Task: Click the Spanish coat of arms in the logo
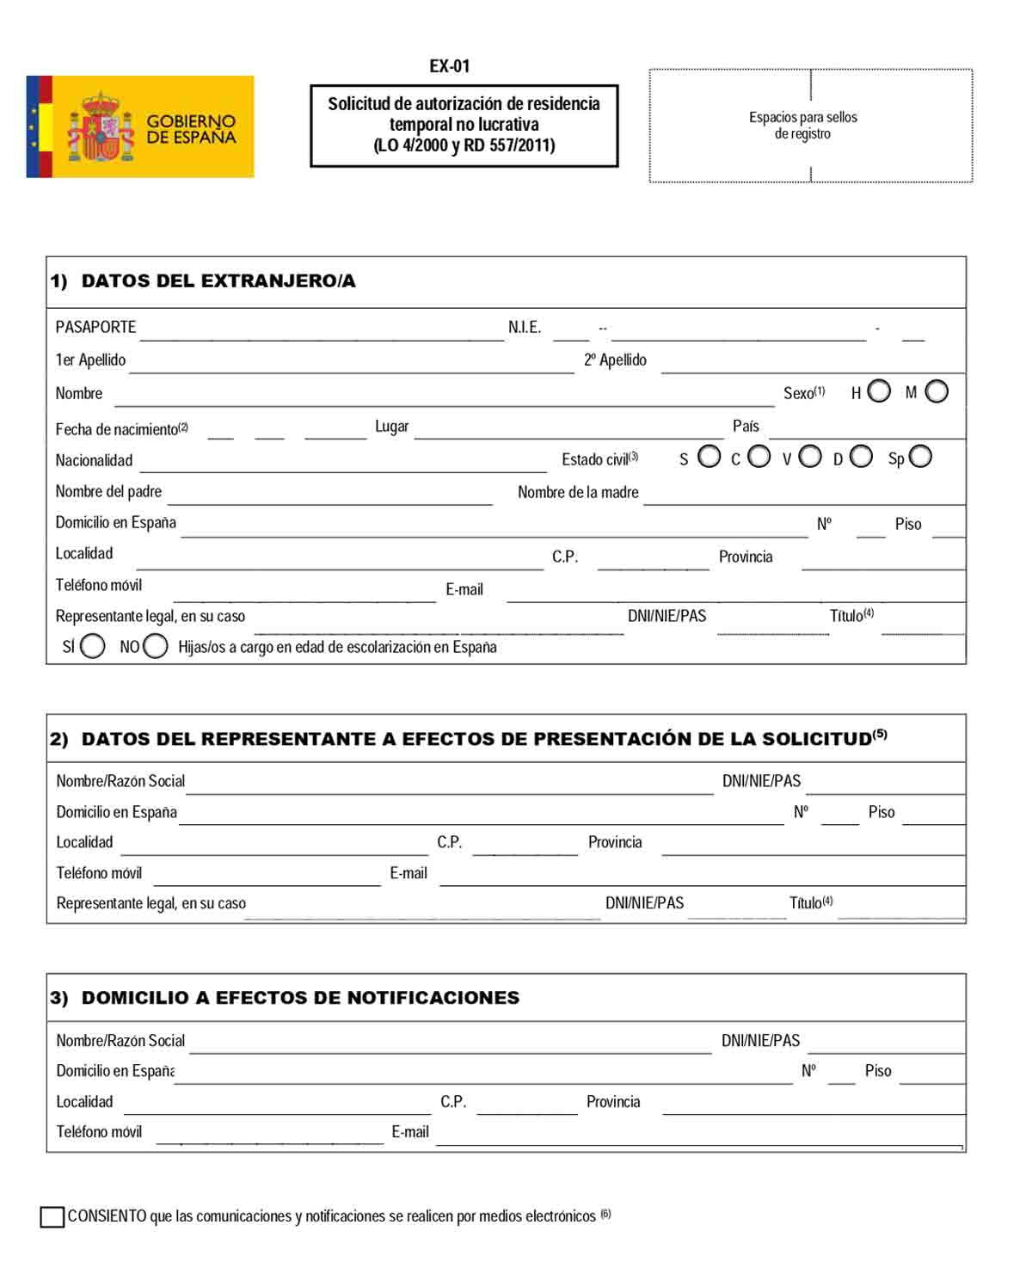tap(101, 128)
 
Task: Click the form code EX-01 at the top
tap(450, 66)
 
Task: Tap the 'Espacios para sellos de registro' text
tap(802, 126)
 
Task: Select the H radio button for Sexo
tap(879, 391)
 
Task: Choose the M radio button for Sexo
tap(937, 391)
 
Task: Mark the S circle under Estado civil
tap(709, 457)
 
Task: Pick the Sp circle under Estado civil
tap(920, 457)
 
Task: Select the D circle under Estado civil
tap(861, 457)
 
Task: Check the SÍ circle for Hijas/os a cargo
tap(93, 646)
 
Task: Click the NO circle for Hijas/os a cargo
tap(156, 646)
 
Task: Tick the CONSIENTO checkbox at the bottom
tap(52, 1216)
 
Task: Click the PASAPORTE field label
tap(95, 327)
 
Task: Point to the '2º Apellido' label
tap(615, 360)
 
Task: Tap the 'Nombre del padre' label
tap(108, 491)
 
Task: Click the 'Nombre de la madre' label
tap(578, 492)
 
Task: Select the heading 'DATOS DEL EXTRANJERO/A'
tap(218, 280)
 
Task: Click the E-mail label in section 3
tap(410, 1132)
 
